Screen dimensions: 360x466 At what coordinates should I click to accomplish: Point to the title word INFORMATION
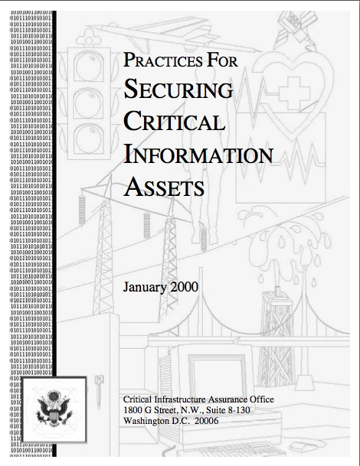pyautogui.click(x=198, y=155)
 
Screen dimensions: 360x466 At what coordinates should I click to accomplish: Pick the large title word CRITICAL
pyautogui.click(x=174, y=123)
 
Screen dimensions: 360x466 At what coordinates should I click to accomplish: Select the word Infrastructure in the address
pyautogui.click(x=183, y=400)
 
